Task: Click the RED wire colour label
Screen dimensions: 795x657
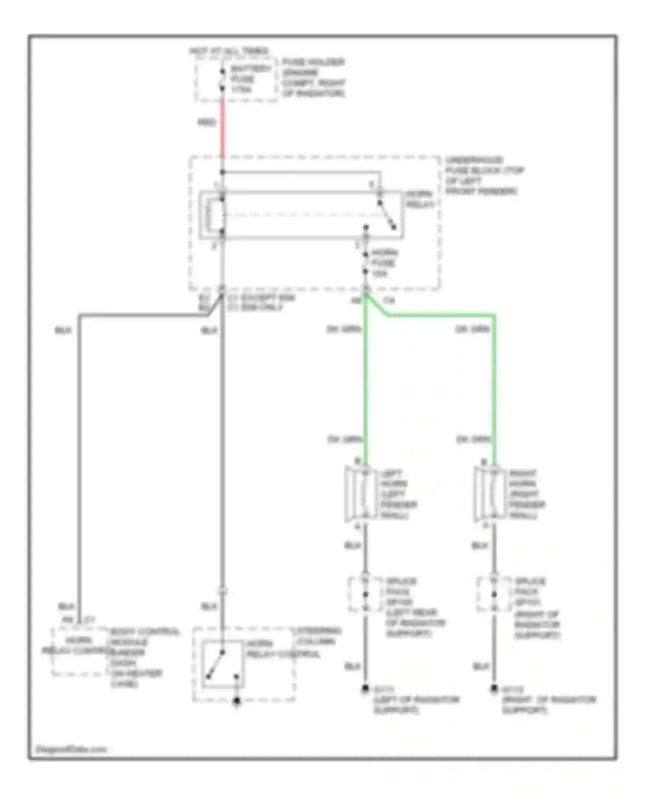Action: coord(207,122)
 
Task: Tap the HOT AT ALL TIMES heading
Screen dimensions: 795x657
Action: coord(229,51)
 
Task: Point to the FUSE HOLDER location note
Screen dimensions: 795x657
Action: coord(313,78)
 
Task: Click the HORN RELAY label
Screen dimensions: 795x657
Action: coord(419,199)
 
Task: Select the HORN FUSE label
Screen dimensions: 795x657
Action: coord(384,263)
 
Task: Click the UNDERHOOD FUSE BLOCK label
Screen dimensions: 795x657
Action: coord(484,175)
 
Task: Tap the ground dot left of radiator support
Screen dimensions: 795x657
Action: coord(365,689)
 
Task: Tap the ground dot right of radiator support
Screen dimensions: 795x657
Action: coord(494,689)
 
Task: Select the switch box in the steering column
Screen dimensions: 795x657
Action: coord(223,664)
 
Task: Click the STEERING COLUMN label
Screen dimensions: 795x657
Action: coord(319,636)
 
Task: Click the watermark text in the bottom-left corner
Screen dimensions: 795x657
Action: coord(71,749)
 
